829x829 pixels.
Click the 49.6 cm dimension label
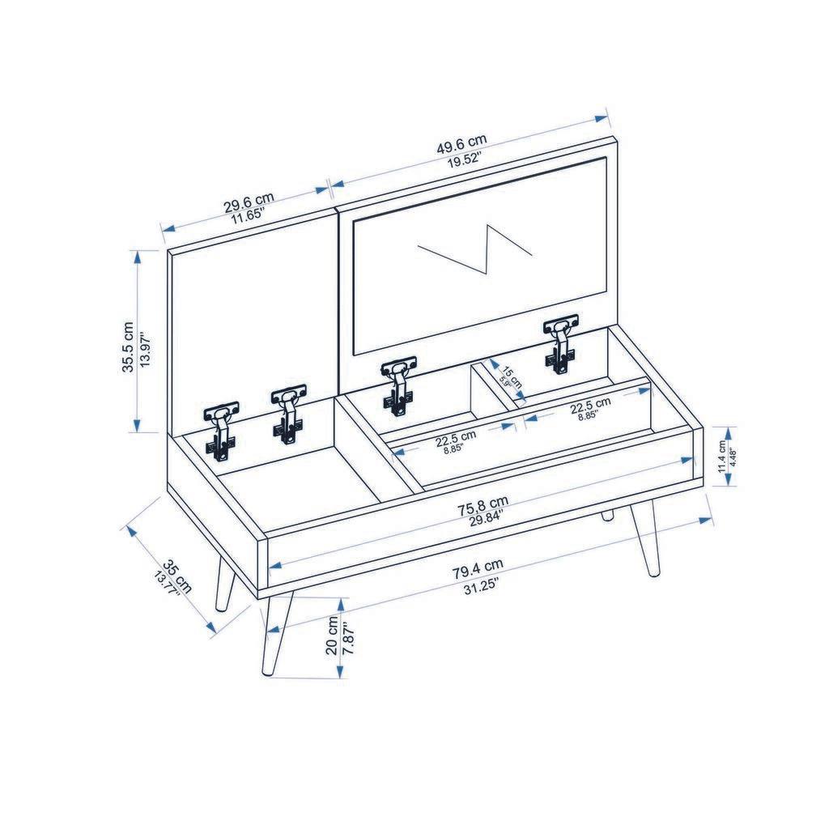(x=462, y=148)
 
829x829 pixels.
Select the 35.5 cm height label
(x=127, y=346)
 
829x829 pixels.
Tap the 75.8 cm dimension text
(x=483, y=509)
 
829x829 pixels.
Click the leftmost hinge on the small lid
(x=220, y=430)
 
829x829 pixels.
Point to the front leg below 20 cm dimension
(x=274, y=636)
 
